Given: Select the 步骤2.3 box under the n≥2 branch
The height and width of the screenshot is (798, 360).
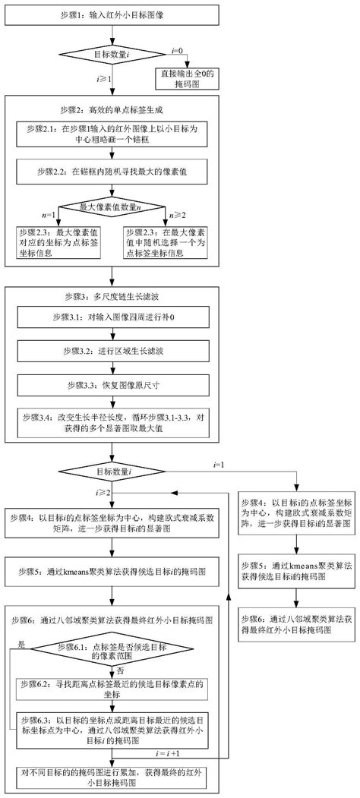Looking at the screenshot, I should pyautogui.click(x=168, y=243).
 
